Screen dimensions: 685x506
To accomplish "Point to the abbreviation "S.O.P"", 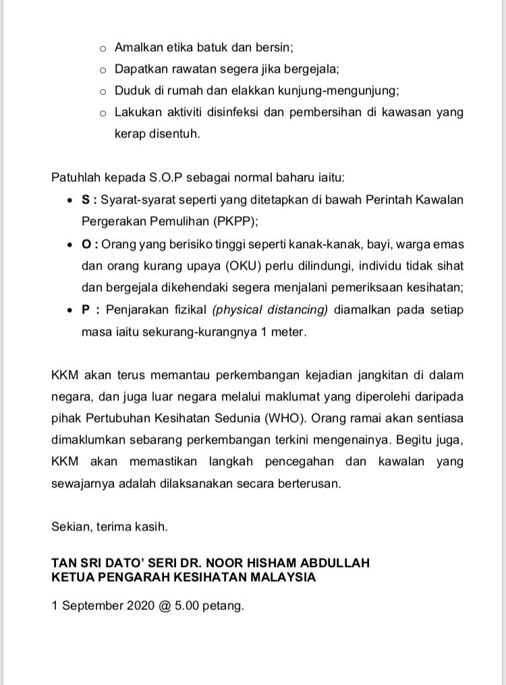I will [166, 178].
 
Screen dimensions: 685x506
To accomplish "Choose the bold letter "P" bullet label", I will [86, 309].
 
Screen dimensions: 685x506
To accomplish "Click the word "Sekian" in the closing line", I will [70, 527].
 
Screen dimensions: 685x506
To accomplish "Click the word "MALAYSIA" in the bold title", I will [277, 577].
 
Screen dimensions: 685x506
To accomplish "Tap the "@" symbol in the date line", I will [164, 605].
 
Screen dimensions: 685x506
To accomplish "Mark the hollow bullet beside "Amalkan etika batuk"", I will [103, 49].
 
